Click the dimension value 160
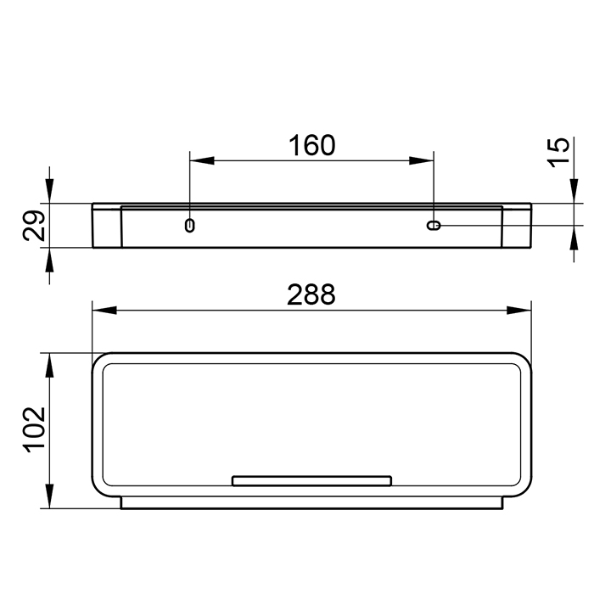coord(311,145)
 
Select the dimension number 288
coord(311,294)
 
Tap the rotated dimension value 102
coord(35,429)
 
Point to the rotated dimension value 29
coord(34,226)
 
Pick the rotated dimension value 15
coord(559,152)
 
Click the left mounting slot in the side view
coord(190,226)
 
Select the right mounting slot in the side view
coord(434,226)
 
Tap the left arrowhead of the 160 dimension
coord(202,160)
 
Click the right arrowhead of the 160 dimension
coord(421,160)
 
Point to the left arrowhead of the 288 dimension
coord(104,311)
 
